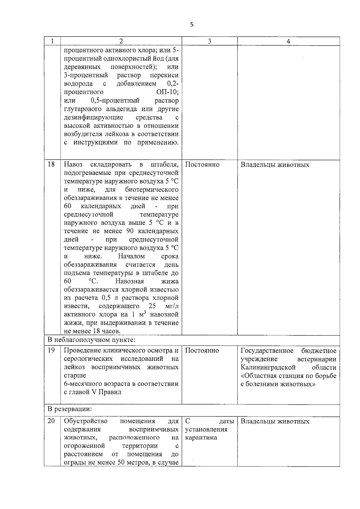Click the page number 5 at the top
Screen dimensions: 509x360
point(192,25)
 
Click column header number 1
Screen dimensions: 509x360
point(52,41)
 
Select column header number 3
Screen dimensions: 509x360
point(209,41)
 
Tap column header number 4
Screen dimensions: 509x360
point(288,41)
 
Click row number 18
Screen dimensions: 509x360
point(51,164)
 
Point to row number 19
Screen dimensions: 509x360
point(51,350)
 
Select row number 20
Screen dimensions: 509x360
point(51,421)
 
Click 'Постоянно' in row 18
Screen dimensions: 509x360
point(202,164)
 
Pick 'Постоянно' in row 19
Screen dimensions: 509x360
point(202,350)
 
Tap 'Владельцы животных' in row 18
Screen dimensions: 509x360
point(275,165)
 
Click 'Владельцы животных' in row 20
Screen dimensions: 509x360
point(275,421)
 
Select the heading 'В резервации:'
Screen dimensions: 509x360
point(70,409)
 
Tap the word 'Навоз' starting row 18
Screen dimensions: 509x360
point(73,164)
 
